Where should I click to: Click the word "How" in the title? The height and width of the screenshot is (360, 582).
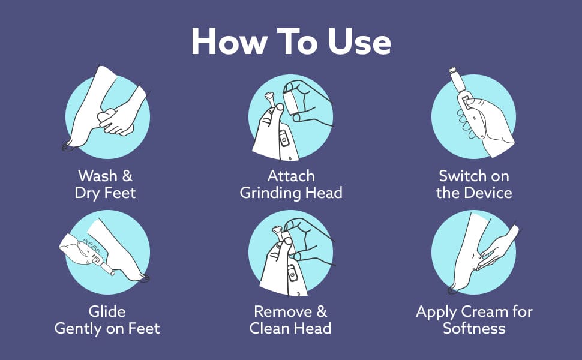pos(229,41)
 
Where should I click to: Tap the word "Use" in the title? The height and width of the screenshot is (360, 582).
pos(359,41)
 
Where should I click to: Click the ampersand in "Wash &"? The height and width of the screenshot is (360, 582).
pos(127,176)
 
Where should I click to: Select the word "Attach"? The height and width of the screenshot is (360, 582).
pos(291,176)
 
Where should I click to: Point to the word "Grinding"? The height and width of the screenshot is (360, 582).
pos(270,193)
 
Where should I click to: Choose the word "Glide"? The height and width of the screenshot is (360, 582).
pos(107,311)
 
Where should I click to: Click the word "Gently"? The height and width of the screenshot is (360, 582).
pos(79,329)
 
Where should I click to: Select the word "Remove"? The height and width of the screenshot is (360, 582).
pos(283,311)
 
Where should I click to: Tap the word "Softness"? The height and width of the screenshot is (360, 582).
pos(474,328)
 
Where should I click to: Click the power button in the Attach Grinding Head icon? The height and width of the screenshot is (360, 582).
pos(284,140)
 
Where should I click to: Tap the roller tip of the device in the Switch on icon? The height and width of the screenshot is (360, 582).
pos(452,70)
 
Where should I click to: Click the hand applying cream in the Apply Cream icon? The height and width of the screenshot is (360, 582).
pos(499,247)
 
